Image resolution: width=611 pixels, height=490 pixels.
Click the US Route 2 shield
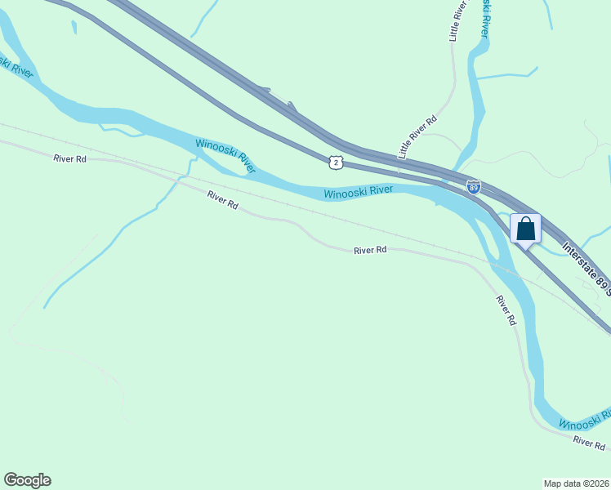[336, 163]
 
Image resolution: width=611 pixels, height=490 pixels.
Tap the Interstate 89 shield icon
[474, 187]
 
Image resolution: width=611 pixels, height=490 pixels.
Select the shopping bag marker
[525, 229]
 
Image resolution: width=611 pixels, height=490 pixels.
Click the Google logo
[27, 480]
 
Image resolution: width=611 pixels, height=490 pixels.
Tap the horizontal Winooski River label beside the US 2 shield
[358, 192]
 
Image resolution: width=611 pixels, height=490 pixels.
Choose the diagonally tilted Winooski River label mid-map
[225, 156]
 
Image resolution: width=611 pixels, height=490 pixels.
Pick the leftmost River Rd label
[69, 158]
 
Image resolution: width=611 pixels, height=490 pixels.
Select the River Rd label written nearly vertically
[506, 311]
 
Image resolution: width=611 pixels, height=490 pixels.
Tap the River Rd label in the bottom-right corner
[589, 442]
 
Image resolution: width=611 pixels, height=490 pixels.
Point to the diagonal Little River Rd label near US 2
[414, 136]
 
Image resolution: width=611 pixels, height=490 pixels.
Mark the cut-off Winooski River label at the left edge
[18, 68]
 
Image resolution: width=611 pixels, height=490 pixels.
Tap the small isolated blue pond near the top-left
[74, 27]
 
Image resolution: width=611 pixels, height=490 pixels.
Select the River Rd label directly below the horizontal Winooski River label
[369, 251]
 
